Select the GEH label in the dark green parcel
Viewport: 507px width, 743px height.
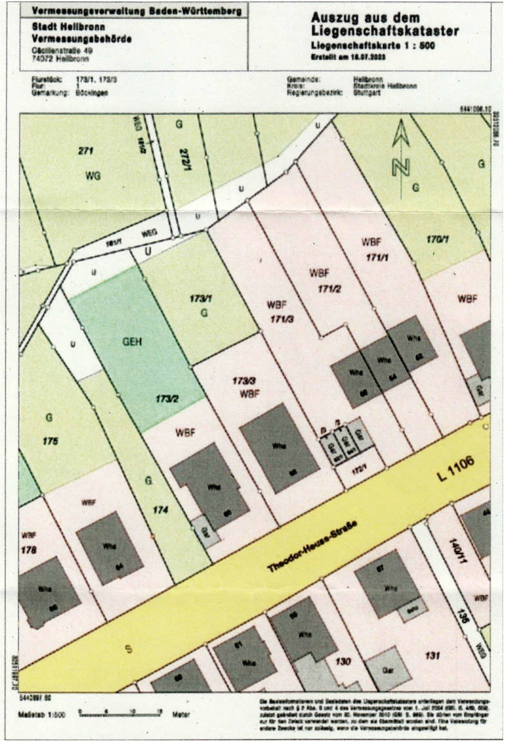tap(132, 342)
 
